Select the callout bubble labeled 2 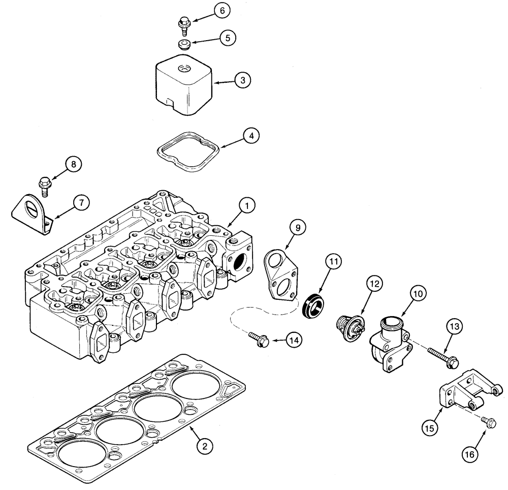coord(204,446)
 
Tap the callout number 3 coord(243,80)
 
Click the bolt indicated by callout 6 coord(183,23)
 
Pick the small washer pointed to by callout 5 coord(184,44)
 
